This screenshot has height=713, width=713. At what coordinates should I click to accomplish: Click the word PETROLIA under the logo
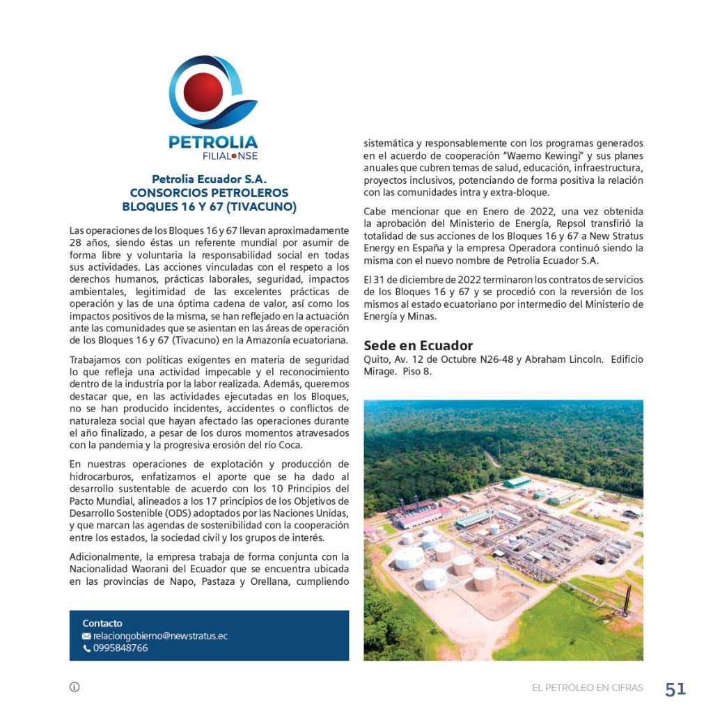coord(213,142)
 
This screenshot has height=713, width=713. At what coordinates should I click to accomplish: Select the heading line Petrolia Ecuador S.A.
coord(210,180)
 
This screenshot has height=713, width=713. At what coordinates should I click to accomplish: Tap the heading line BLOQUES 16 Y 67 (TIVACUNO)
coord(210,207)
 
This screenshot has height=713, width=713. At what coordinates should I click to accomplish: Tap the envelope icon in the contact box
coord(86,636)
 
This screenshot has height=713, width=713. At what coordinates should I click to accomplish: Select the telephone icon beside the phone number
coord(86,648)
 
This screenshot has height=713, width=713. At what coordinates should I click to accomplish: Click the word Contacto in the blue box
coord(102,623)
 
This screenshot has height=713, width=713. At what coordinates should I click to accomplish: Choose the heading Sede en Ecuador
coord(418,346)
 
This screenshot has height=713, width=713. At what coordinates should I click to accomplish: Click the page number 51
coord(675,689)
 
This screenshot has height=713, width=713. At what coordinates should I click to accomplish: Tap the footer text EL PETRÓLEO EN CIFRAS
coord(588,688)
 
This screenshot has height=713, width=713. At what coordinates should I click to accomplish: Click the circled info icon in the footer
coord(75,687)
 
